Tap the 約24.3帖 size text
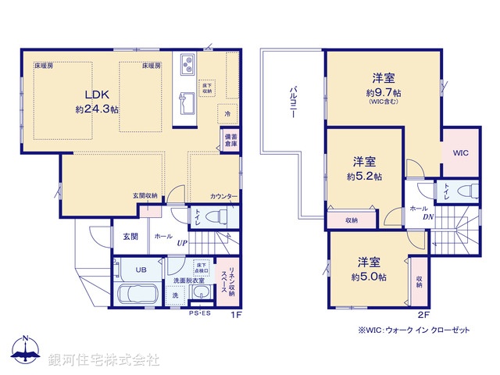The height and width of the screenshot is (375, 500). tap(96, 109)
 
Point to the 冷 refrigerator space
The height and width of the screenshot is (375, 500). tap(227, 113)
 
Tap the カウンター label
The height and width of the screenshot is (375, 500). tap(223, 196)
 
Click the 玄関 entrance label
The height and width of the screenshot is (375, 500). tap(129, 235)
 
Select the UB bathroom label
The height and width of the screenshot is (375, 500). tap(141, 270)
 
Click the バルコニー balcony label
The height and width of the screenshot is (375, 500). tap(292, 102)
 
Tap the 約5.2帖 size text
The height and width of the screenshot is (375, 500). tap(365, 177)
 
